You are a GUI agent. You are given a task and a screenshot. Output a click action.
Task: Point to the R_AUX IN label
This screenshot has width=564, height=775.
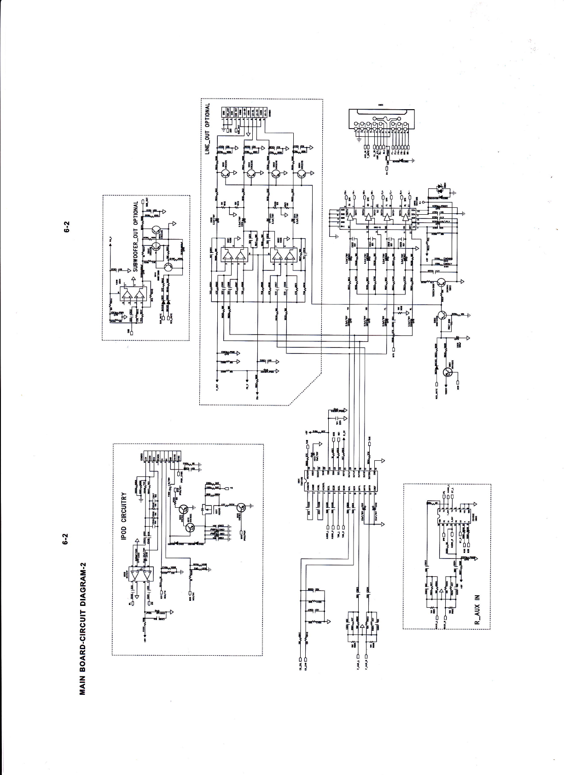pyautogui.click(x=477, y=609)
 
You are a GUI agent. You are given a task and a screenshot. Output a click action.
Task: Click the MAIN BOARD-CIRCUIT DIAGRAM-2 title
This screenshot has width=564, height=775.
pyautogui.click(x=83, y=628)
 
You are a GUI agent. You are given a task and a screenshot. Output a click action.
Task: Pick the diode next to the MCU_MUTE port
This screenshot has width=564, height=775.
pyautogui.click(x=436, y=366)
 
